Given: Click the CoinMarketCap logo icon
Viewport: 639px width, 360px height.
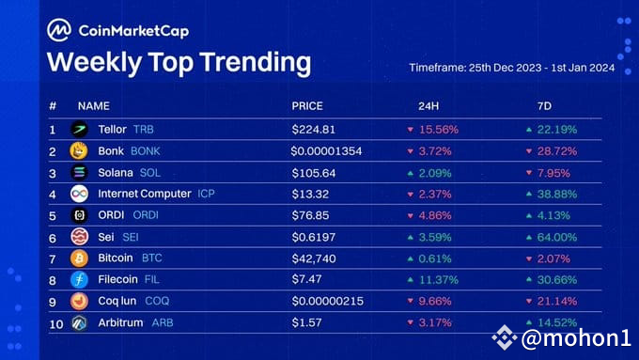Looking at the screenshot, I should [x=59, y=30].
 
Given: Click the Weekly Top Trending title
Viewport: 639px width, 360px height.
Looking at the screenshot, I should [x=179, y=62].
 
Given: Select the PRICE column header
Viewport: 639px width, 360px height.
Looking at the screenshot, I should [x=307, y=106].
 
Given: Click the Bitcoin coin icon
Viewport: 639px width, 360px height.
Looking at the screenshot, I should [x=79, y=258].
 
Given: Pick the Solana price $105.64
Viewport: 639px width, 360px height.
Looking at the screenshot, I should [x=317, y=172].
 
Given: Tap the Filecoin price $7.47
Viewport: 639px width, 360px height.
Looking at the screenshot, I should [x=308, y=279].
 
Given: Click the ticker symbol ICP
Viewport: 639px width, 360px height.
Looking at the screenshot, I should [x=207, y=194].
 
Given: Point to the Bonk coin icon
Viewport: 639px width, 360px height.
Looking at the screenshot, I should [x=79, y=150].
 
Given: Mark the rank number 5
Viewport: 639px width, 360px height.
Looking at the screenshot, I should [x=53, y=215].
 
